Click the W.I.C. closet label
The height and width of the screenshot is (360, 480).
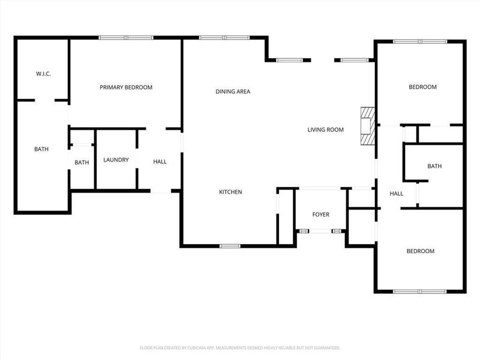click(43, 74)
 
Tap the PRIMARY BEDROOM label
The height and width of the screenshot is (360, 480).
click(126, 88)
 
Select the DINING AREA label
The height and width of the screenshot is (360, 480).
click(233, 92)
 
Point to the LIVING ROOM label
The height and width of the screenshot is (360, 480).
click(325, 130)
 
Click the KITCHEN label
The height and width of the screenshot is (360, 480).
click(230, 192)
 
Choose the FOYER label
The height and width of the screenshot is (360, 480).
click(320, 215)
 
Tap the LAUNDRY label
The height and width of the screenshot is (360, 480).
click(116, 160)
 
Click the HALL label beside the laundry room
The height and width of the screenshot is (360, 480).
click(160, 162)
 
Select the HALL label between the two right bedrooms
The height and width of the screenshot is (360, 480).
click(396, 194)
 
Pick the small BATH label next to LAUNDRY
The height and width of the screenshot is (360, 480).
click(82, 163)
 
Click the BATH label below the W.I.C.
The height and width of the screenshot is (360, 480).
click(41, 149)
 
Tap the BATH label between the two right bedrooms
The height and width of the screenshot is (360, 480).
click(434, 166)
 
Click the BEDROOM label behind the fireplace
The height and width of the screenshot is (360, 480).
click(422, 88)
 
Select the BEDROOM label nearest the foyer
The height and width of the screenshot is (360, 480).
click(420, 251)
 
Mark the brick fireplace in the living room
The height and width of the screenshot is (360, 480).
click(367, 126)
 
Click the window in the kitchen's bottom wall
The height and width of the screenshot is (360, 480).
click(230, 245)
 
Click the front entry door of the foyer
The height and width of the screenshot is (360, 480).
click(320, 230)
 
